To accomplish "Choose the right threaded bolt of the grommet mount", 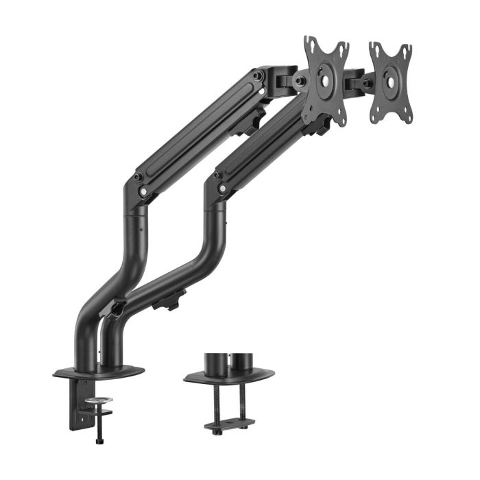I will [x=241, y=402].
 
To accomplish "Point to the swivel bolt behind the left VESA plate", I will [x=300, y=80].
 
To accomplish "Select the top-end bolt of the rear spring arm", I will [x=257, y=75].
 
